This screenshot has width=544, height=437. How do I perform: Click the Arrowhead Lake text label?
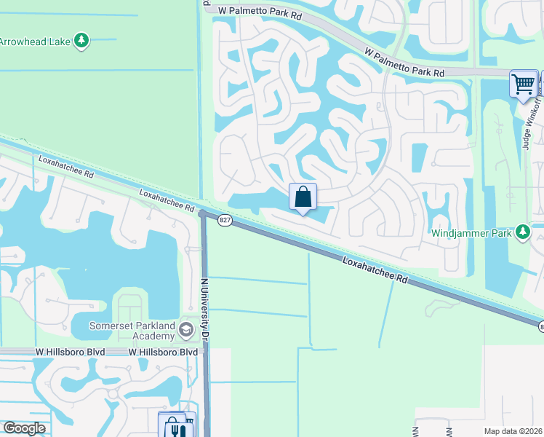point(34,42)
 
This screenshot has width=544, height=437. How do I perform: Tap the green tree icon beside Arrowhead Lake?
point(82,40)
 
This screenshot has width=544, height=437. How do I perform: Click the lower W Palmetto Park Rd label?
point(404,63)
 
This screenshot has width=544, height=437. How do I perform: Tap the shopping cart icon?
point(524,84)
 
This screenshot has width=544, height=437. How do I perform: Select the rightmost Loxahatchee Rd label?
point(374,269)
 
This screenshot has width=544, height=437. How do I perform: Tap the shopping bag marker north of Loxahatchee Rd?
point(303,197)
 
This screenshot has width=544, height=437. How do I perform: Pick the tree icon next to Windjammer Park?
point(522,232)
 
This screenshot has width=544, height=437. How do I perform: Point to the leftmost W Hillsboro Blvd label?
point(70,352)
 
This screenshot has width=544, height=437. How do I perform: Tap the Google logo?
point(24,428)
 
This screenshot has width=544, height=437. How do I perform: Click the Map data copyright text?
point(513,431)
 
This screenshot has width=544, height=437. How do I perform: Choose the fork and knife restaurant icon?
point(177,430)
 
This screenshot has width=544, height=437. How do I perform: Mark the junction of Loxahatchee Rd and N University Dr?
point(204,214)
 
